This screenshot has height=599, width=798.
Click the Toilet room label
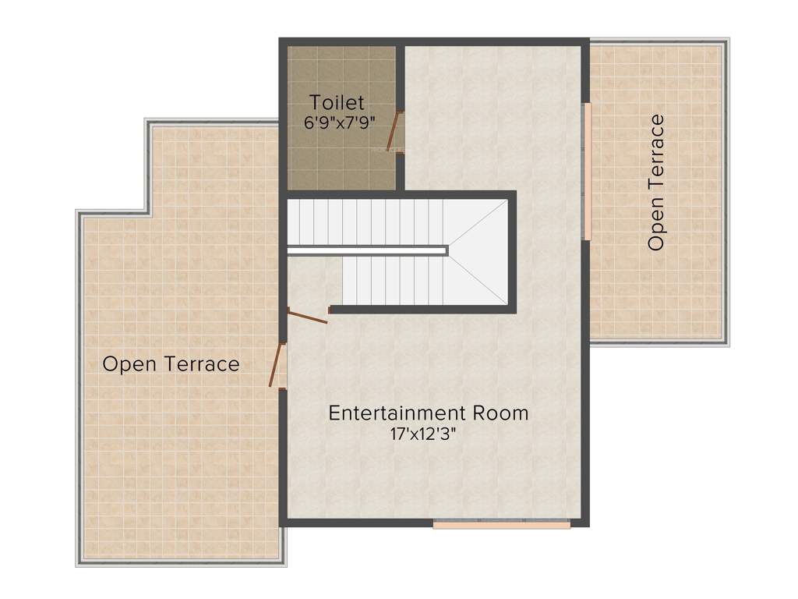point(337,102)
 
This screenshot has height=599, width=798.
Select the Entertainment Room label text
point(428,413)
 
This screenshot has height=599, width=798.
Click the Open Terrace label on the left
point(171,363)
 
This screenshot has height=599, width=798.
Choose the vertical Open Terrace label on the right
point(656,183)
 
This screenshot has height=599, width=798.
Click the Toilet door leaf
point(394,131)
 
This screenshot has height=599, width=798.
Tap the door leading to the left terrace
point(276,365)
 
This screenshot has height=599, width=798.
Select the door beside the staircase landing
point(307,315)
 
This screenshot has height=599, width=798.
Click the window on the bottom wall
point(502,525)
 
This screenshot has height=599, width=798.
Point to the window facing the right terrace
point(588,171)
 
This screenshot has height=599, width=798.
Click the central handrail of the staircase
point(367,250)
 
